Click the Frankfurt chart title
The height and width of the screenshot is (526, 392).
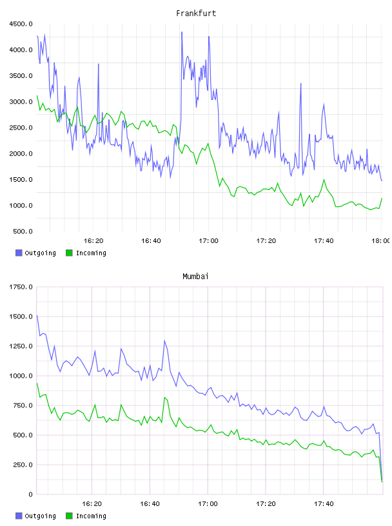pos(196,13)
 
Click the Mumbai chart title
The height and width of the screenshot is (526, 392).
pos(195,276)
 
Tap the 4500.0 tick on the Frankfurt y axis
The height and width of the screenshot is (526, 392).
pos(21,24)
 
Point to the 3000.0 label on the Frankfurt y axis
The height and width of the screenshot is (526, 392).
pos(21,102)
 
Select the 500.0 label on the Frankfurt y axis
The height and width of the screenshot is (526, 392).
pos(23,231)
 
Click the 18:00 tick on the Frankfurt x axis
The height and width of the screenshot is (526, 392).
pos(381,240)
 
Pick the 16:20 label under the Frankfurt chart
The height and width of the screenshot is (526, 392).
pos(93,240)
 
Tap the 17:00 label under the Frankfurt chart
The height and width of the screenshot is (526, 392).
pos(208,240)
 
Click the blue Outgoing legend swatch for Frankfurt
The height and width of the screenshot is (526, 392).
pos(19,253)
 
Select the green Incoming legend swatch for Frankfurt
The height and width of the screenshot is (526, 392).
pos(69,253)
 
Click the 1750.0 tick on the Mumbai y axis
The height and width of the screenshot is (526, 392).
pos(21,287)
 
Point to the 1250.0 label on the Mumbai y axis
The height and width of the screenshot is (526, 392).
pos(21,346)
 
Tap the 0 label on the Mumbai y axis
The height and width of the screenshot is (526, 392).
pos(30,494)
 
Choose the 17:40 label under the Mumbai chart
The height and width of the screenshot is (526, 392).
pos(324,503)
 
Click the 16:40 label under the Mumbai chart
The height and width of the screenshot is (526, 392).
pos(150,503)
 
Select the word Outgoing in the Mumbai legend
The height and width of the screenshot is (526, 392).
pos(40,516)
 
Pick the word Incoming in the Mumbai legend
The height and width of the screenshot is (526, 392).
pos(91,516)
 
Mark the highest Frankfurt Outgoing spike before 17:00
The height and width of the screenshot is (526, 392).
pos(182,32)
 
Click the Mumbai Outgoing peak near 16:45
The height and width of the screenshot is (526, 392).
pos(164,341)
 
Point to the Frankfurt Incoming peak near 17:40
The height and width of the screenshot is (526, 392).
pos(324,180)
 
